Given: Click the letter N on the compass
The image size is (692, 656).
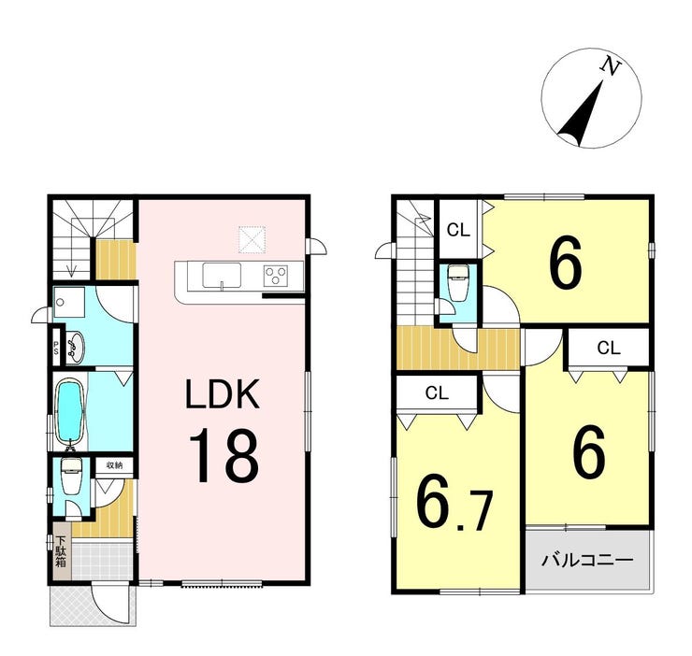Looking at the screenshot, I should [612, 66].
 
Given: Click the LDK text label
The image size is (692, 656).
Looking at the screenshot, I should [222, 396].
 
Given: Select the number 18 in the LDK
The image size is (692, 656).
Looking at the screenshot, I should [225, 455].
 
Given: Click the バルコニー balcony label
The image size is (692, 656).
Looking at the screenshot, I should [588, 561].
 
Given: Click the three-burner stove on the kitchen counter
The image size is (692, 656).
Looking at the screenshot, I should [277, 275].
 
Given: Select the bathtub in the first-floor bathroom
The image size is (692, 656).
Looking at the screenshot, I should [69, 412].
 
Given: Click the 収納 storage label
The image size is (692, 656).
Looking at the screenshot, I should [114, 463].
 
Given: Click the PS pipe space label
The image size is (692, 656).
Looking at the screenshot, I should [55, 347].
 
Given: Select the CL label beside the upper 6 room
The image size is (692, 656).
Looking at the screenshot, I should [457, 229].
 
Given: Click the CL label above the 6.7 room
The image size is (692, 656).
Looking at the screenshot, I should [437, 393].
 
